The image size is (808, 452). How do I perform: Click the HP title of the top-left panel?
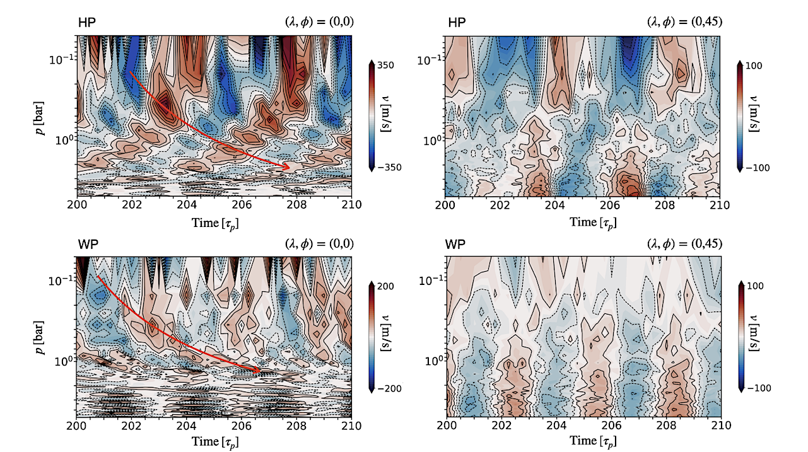point(86,22)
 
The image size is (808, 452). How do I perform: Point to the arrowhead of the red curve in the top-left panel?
point(287,167)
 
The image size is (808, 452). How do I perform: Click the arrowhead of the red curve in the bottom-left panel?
point(257,370)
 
